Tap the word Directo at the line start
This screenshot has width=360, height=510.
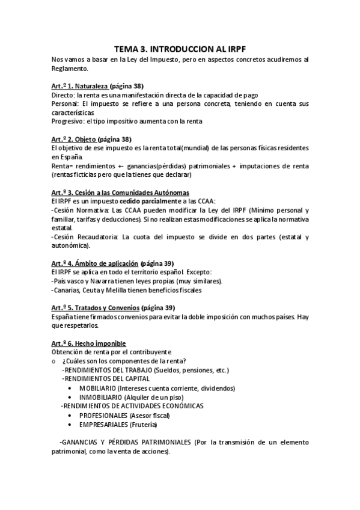point(63,94)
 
